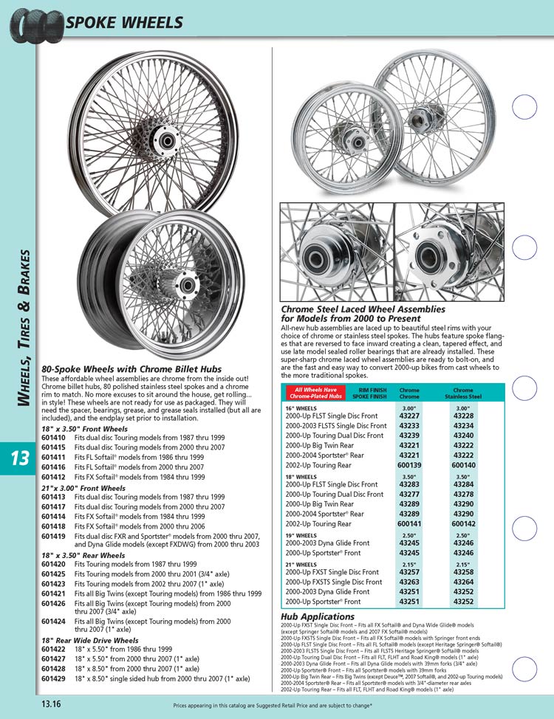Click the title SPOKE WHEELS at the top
click(124, 22)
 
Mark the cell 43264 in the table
click(464, 582)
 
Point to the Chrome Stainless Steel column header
click(464, 392)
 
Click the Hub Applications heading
click(318, 616)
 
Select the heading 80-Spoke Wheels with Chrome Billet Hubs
click(131, 369)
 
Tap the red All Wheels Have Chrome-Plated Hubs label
click(316, 392)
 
